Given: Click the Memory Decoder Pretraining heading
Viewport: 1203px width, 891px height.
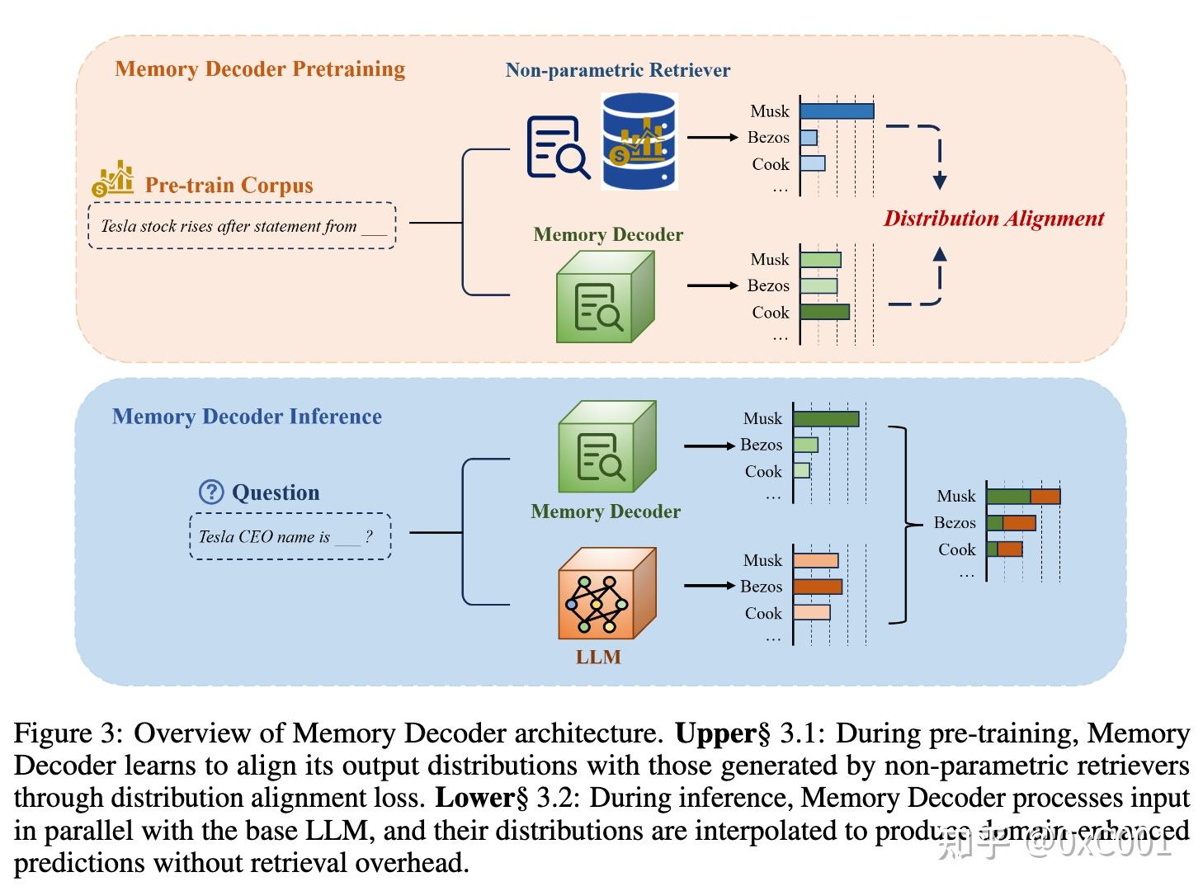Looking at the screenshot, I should (260, 68).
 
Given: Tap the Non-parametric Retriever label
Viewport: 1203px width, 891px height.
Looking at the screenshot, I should (617, 70).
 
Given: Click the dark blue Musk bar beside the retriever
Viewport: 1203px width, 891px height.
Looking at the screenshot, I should (836, 111).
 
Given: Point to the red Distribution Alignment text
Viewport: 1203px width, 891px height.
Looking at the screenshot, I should (993, 219).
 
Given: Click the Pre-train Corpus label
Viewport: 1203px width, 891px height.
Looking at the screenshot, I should (229, 185).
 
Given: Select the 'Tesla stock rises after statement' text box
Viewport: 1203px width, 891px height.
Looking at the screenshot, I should (242, 226).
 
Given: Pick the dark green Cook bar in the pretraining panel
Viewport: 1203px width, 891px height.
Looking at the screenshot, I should (824, 312).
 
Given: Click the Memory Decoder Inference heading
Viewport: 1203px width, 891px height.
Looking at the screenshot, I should (247, 417).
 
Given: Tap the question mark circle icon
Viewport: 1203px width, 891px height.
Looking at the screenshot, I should (211, 493).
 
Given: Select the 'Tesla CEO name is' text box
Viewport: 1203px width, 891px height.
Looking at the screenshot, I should (290, 537).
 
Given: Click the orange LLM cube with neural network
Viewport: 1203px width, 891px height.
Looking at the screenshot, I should (606, 595).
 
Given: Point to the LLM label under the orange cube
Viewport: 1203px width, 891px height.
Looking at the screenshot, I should (598, 658).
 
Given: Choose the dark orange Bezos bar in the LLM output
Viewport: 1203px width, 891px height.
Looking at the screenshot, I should (817, 587).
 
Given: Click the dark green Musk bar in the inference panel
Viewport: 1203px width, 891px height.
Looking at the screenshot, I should (825, 419).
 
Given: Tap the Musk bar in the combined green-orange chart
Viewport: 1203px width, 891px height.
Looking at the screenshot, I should (1022, 497).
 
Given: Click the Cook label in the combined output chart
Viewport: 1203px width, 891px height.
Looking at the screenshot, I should (956, 549).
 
